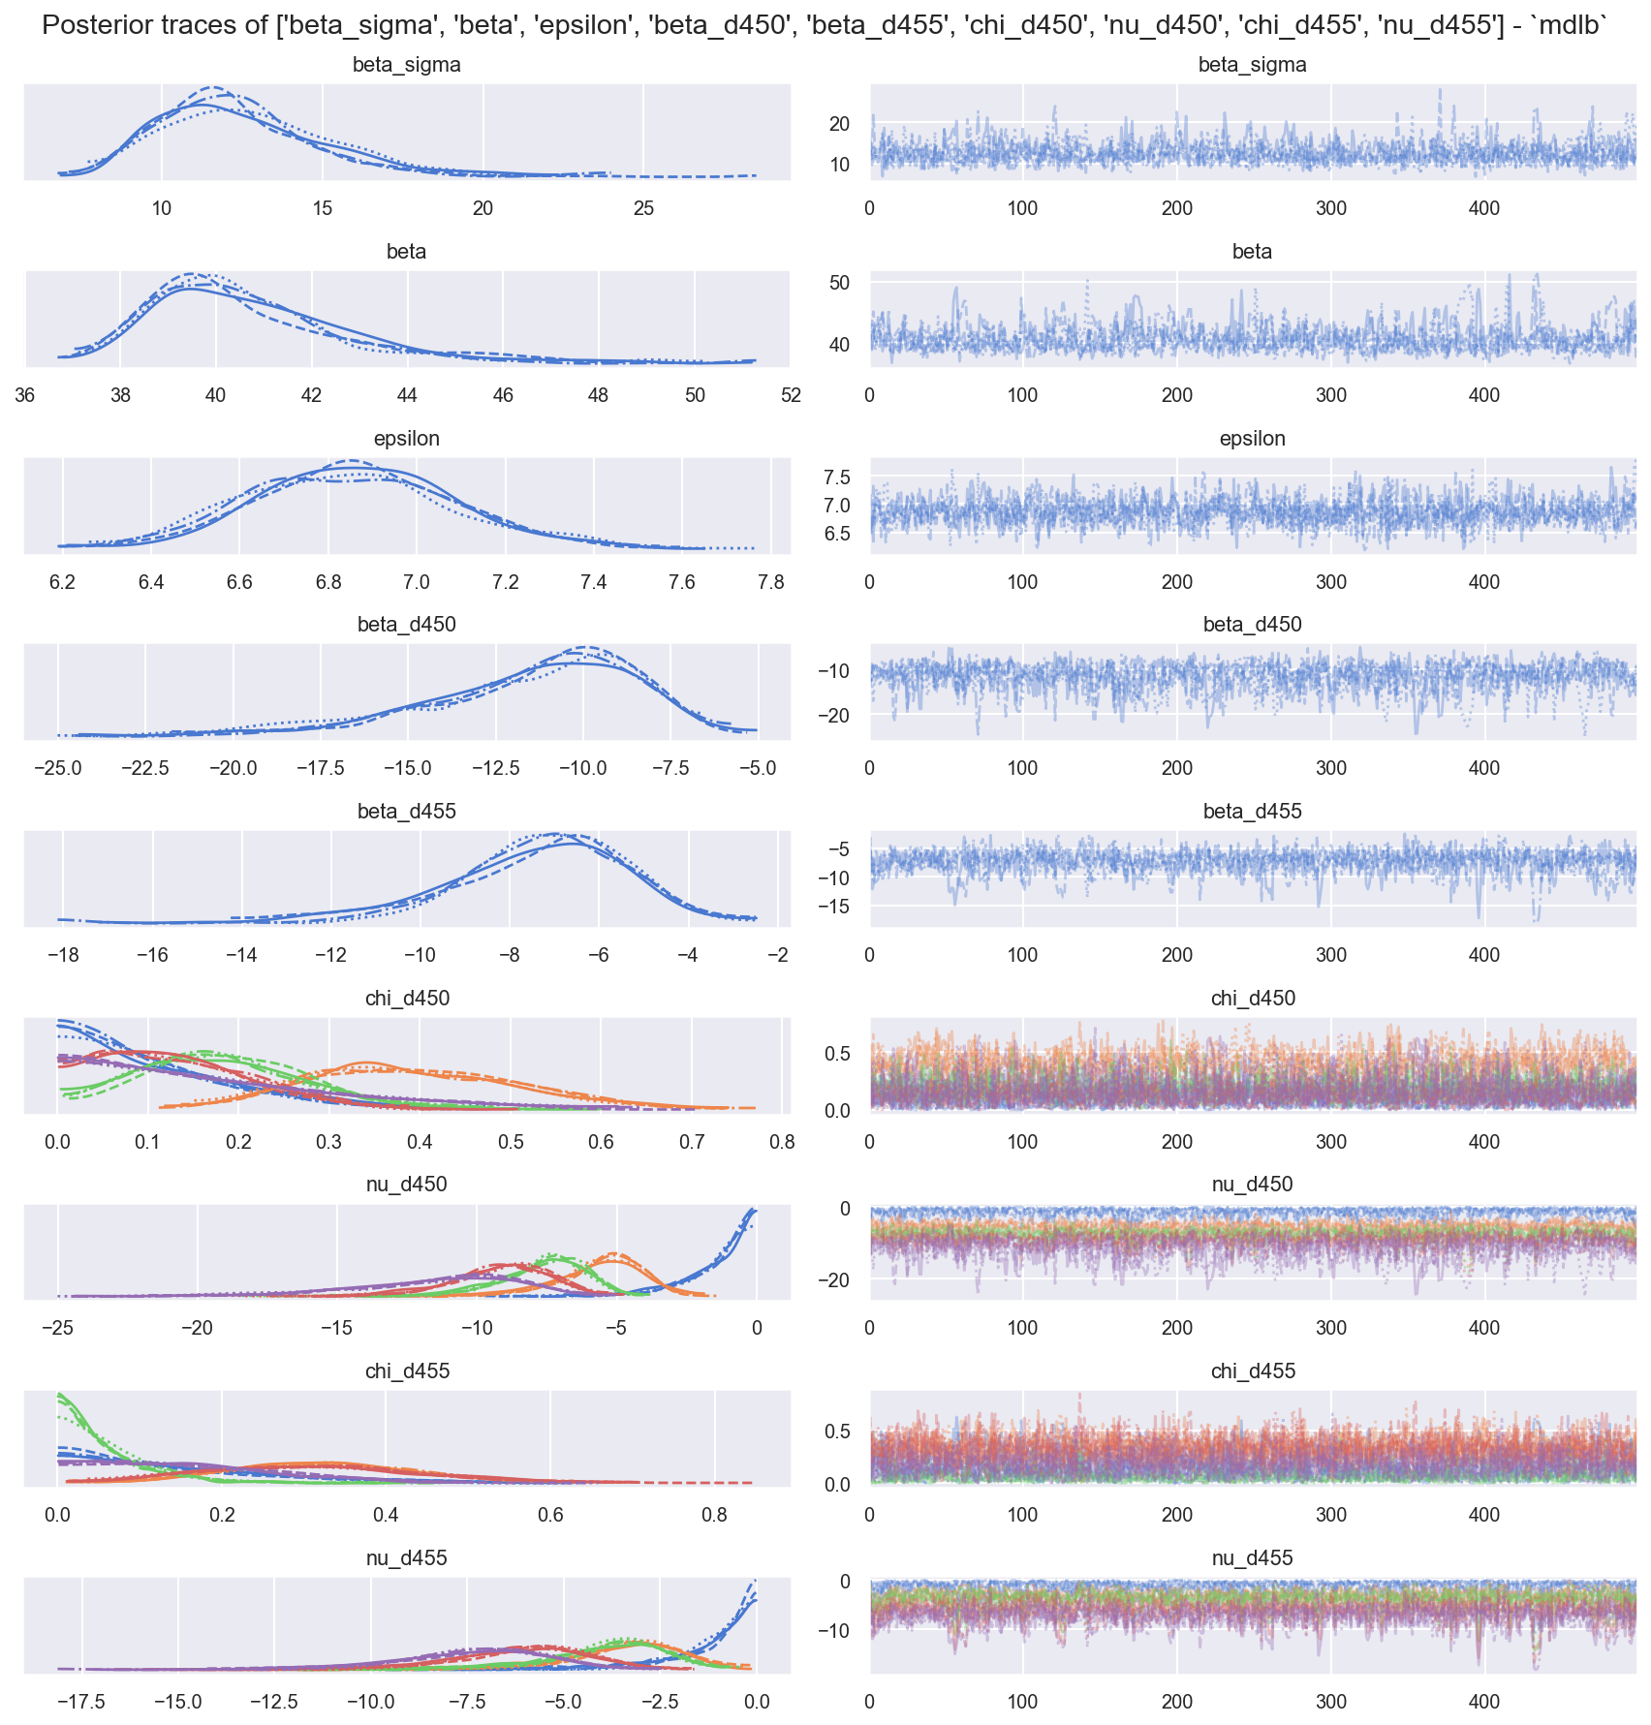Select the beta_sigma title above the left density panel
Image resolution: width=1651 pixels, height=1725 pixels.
[406, 66]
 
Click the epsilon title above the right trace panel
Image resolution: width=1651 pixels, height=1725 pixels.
[1252, 439]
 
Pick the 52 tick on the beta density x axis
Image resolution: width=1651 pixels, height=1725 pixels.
[791, 395]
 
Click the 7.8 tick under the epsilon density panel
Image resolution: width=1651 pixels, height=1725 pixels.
[770, 582]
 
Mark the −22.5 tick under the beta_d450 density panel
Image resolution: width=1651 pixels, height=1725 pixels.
[145, 768]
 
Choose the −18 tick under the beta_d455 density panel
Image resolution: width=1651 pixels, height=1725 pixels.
[63, 955]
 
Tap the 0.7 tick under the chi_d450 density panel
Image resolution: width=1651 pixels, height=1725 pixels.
[692, 1142]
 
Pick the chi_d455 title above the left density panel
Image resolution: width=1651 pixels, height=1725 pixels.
[406, 1371]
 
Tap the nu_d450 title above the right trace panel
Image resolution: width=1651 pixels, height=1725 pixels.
[1252, 1185]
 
